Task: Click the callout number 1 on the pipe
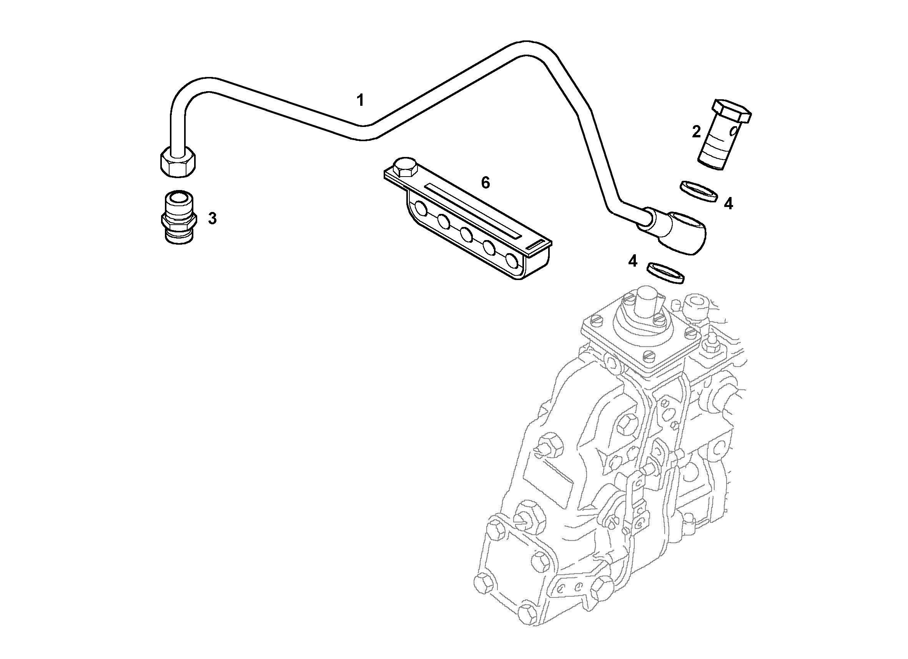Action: pyautogui.click(x=360, y=100)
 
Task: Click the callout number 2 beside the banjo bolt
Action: pyautogui.click(x=697, y=132)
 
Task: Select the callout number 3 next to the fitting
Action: pyautogui.click(x=212, y=219)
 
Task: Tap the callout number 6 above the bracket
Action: pyautogui.click(x=485, y=183)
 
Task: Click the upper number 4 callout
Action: pyautogui.click(x=728, y=204)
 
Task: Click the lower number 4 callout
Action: pyautogui.click(x=632, y=261)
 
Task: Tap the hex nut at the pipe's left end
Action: pyautogui.click(x=178, y=163)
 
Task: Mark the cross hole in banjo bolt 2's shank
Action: pyautogui.click(x=733, y=131)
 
